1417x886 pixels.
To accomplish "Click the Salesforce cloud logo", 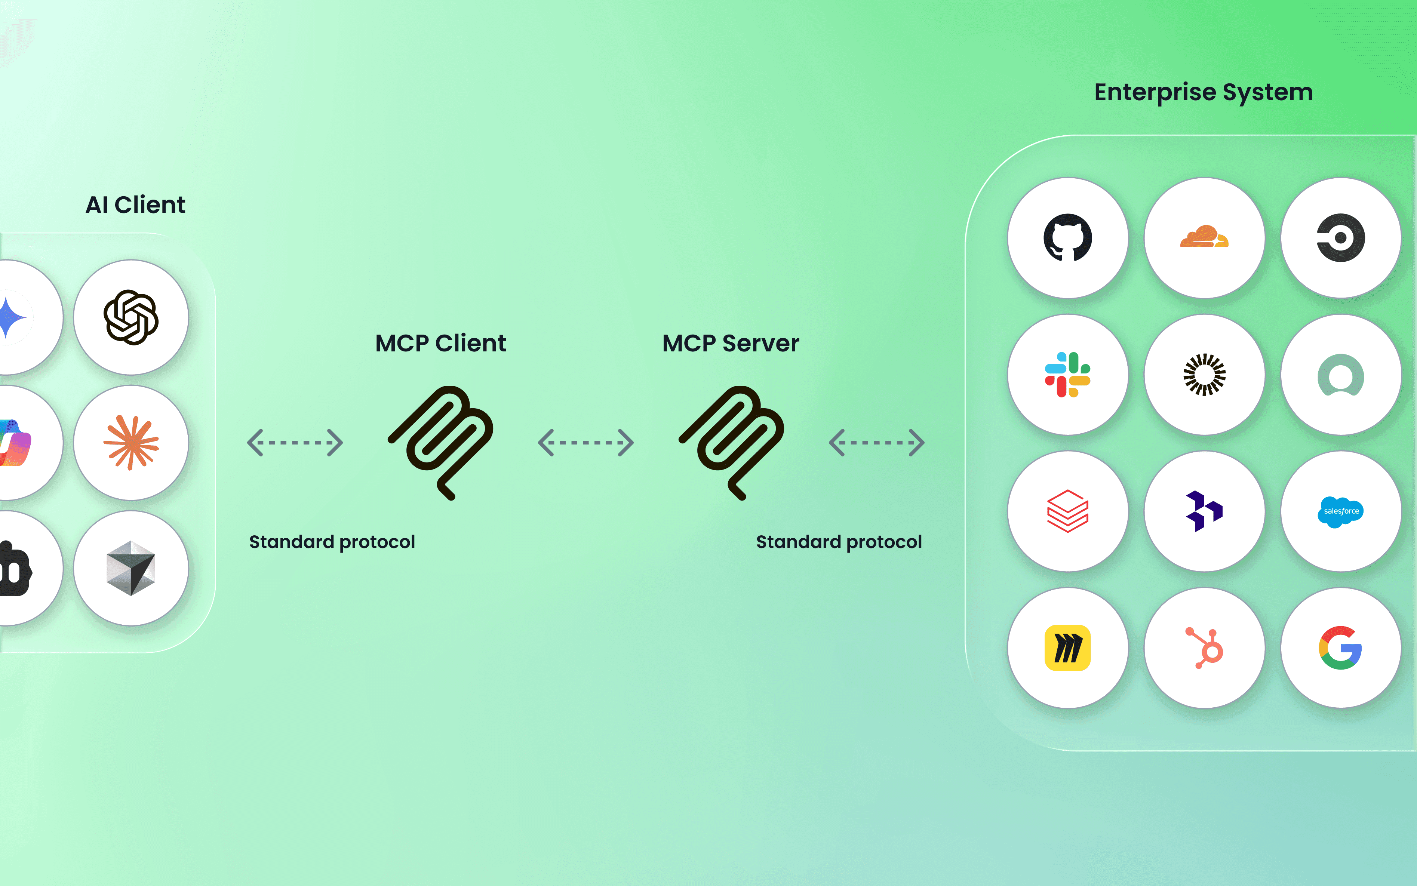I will coord(1341,511).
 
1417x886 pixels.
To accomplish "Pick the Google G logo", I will coord(1340,648).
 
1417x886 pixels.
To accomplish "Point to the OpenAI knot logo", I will coord(131,317).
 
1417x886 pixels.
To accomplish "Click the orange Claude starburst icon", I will coord(131,442).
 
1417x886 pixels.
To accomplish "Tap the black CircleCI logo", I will coord(1340,238).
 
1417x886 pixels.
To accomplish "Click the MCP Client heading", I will coord(440,344).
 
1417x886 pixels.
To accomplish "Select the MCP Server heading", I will coord(730,344).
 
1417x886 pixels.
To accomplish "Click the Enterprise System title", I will coord(1203,93).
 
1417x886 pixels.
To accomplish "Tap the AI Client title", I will coord(135,205).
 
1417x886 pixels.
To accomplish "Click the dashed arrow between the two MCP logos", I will coord(585,442).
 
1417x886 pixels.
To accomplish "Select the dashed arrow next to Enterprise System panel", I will coord(876,442).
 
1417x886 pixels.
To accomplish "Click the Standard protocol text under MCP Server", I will coord(839,542).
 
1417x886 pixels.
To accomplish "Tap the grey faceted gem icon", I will coord(131,568).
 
